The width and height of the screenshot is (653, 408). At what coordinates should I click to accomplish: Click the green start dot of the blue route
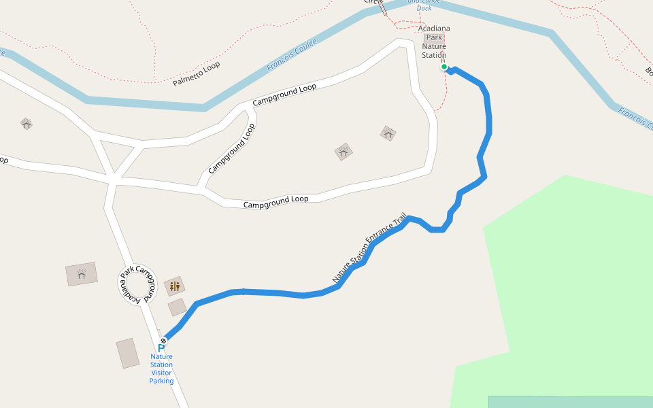444,67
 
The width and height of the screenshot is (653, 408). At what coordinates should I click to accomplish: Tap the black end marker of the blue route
163,341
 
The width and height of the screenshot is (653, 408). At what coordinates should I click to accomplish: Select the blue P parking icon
161,348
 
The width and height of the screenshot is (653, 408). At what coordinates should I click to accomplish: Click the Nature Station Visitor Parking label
162,369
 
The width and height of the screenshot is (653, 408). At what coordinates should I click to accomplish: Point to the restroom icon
175,286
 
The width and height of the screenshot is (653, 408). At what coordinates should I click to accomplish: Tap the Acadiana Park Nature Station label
434,42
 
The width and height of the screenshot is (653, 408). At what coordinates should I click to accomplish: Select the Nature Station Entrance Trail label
369,248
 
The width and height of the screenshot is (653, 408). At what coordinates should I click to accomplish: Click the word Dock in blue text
424,9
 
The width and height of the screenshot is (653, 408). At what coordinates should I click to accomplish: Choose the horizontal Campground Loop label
276,202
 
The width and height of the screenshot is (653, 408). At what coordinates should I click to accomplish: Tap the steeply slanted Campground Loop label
231,148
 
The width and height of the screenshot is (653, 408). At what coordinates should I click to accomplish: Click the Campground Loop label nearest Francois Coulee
284,95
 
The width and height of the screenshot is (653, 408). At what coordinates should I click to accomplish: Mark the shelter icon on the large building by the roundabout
82,274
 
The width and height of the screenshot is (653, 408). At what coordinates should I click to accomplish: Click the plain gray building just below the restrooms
178,307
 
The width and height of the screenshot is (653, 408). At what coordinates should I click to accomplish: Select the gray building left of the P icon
128,354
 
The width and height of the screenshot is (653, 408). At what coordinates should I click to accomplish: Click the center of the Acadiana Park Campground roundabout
139,285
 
